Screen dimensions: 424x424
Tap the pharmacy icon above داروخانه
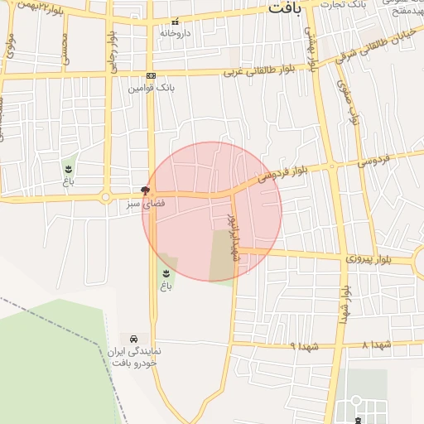[174, 22]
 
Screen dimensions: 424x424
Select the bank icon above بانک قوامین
[151, 75]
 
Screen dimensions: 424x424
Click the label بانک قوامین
[150, 86]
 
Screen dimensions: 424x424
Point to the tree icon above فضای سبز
[146, 190]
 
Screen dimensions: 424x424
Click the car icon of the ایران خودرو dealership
[132, 339]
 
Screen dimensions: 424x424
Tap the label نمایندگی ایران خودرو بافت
[132, 358]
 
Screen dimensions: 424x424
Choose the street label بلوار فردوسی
[282, 172]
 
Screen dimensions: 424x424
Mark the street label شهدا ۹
[281, 343]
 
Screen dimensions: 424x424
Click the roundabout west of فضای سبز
[105, 197]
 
